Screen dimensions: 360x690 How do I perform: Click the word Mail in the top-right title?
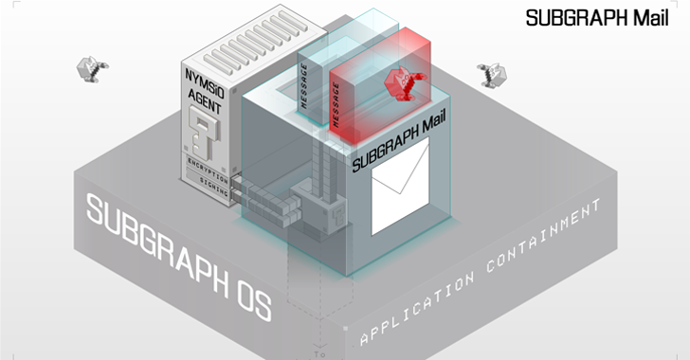click(651, 18)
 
